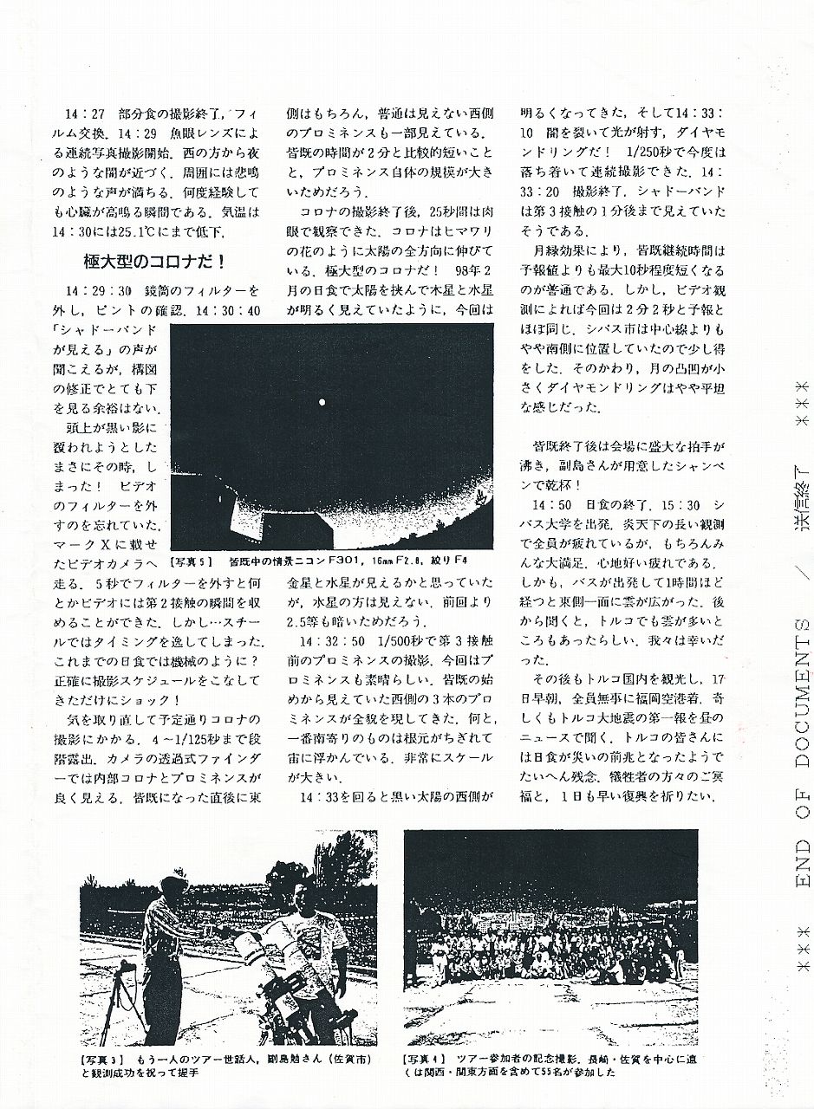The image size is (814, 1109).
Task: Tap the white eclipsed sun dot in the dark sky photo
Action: pos(322,401)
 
